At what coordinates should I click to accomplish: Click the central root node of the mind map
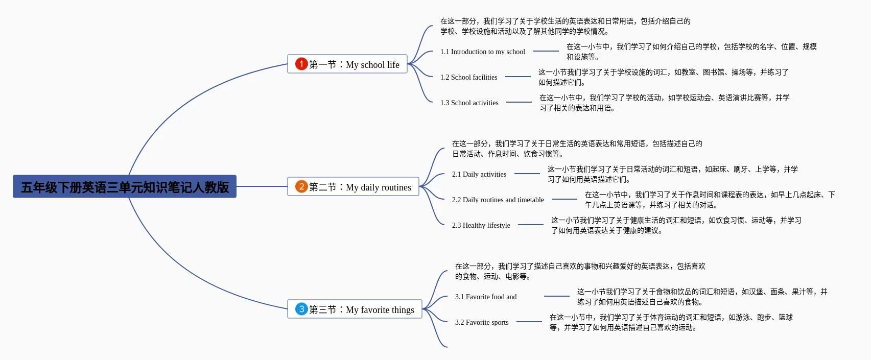point(125,187)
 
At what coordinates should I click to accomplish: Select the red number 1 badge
point(301,64)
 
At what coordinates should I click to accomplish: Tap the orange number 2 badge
point(301,186)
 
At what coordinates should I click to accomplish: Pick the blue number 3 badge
point(301,309)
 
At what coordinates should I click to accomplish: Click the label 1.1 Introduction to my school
point(483,52)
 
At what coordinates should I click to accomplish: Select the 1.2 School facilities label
point(469,77)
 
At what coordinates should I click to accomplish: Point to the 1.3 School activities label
point(469,103)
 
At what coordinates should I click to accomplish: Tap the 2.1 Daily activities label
point(479,174)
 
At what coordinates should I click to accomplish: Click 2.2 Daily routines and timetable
point(498,200)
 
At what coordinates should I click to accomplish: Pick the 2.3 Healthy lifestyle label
point(481,225)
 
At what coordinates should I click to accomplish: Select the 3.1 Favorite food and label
point(486,297)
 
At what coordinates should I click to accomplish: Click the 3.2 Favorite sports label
point(482,322)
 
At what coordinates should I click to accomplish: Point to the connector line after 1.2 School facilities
point(518,77)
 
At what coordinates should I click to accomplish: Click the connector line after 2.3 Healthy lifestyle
point(531,225)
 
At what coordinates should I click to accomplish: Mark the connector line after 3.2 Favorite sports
point(529,322)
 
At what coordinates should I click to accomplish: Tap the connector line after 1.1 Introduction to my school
point(546,51)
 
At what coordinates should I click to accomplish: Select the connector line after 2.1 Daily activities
point(527,174)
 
